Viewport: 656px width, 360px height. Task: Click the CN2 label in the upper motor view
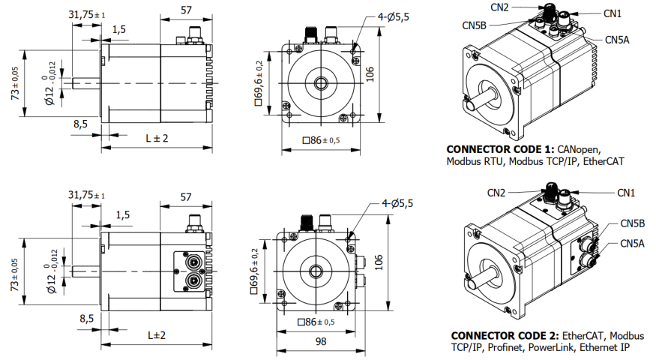499,7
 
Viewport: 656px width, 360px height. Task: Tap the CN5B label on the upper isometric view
474,25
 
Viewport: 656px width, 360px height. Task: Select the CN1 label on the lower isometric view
626,193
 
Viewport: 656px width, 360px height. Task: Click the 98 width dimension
320,341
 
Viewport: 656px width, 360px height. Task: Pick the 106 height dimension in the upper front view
390,73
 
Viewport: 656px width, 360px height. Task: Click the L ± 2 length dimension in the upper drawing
156,138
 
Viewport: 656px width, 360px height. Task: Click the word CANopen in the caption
580,148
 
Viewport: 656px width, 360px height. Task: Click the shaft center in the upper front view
321,81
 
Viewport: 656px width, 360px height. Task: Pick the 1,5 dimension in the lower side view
122,215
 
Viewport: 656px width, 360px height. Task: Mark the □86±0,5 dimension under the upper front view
320,140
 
